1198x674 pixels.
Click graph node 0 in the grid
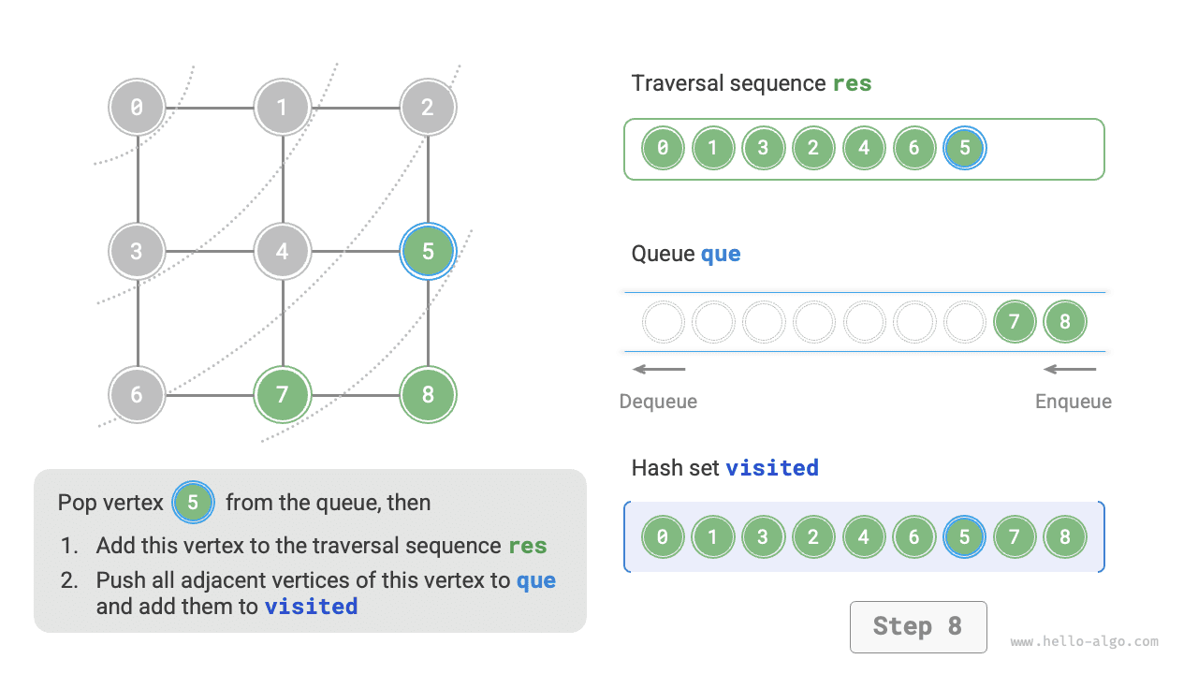point(137,108)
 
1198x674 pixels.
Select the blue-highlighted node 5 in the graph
point(428,251)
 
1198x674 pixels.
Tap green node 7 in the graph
point(282,394)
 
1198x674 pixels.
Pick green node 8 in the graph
point(428,394)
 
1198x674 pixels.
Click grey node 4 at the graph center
point(282,251)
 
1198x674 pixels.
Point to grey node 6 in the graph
point(137,394)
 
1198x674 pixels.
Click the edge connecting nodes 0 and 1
point(210,108)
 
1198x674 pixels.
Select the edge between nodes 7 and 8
point(355,394)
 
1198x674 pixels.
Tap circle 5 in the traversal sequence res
point(965,148)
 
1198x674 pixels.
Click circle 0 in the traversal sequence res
point(663,148)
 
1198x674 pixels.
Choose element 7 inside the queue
point(1015,322)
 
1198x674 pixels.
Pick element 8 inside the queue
point(1065,322)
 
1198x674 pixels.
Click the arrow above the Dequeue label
point(659,369)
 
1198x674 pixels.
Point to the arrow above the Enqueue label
point(1070,369)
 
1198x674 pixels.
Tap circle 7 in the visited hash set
point(1015,537)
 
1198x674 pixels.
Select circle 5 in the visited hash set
point(965,537)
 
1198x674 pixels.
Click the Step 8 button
point(917,626)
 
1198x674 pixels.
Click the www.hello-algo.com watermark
point(1084,642)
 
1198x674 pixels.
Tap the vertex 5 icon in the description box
point(193,503)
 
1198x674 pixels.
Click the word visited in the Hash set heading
point(772,468)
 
